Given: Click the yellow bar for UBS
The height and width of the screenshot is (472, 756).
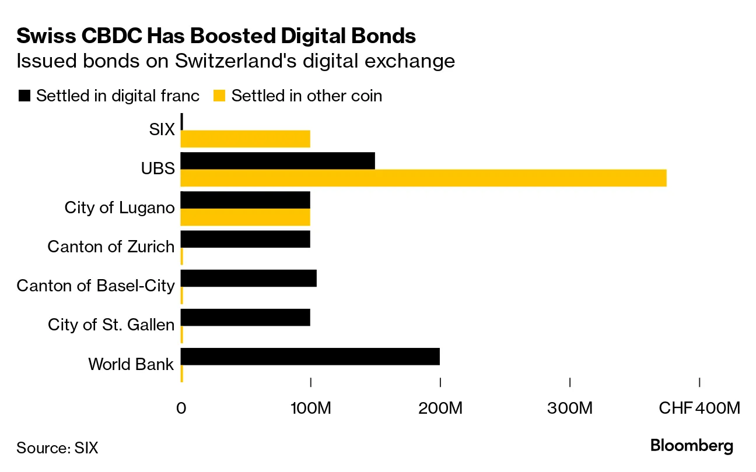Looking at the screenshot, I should (x=423, y=178).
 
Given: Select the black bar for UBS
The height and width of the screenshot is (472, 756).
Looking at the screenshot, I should (x=278, y=161).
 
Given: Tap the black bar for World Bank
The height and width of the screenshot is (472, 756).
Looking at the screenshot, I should (x=310, y=357).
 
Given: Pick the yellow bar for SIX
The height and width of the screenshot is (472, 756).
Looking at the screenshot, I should (x=246, y=139).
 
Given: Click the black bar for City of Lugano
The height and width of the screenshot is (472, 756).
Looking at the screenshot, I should (x=246, y=200).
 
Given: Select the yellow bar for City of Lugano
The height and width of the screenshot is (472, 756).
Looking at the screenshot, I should (x=246, y=217).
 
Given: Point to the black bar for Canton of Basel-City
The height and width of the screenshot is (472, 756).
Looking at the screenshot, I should (x=249, y=278).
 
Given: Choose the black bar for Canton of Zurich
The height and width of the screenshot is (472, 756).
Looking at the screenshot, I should (x=246, y=239).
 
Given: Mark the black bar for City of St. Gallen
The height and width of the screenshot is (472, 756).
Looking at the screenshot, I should (x=246, y=318).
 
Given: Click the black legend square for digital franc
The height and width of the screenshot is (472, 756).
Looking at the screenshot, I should (x=24, y=96).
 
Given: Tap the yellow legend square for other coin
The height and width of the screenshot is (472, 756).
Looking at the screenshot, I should (x=220, y=96).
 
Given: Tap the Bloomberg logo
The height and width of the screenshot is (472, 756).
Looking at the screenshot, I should (x=691, y=446).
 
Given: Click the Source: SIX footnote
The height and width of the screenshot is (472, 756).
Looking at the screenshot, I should (x=57, y=448).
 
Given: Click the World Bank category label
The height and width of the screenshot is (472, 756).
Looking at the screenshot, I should (x=131, y=365).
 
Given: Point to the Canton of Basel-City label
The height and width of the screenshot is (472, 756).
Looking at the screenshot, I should (x=96, y=286).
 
